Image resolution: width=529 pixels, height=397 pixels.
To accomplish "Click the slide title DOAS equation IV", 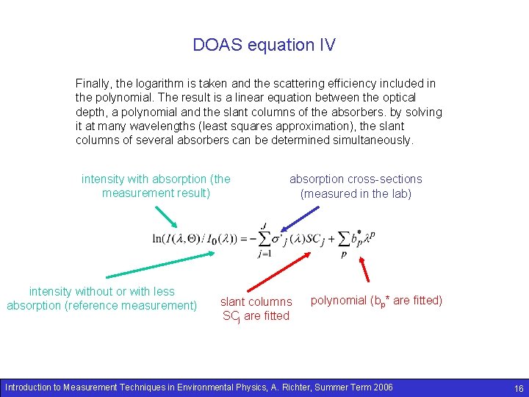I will pyautogui.click(x=264, y=45).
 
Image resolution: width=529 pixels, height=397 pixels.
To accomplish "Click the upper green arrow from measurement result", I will pyautogui.click(x=167, y=218).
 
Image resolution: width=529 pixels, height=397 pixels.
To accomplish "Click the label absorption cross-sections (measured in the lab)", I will pyautogui.click(x=356, y=187).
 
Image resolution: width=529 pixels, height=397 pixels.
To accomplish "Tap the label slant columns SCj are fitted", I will pyautogui.click(x=256, y=309).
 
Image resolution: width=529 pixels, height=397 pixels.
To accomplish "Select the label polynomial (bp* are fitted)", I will pyautogui.click(x=376, y=300).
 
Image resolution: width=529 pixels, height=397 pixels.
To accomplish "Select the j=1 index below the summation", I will pyautogui.click(x=264, y=254).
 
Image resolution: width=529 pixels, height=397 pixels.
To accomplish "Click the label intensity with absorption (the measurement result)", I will pyautogui.click(x=156, y=186).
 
